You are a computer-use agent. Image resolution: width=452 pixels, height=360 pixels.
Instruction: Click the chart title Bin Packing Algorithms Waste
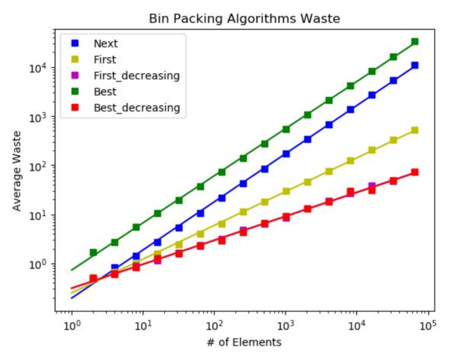click(x=244, y=19)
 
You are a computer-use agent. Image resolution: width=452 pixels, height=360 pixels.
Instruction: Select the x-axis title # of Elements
click(x=244, y=342)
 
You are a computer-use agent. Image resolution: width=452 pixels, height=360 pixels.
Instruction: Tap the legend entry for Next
click(x=105, y=44)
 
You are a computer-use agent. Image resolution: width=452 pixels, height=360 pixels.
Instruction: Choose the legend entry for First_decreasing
click(x=136, y=76)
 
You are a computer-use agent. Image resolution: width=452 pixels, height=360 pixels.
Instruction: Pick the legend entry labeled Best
click(x=105, y=92)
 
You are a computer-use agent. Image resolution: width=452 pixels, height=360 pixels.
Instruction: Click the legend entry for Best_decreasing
click(x=136, y=108)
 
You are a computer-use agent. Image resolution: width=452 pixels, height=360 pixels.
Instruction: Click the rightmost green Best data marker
click(x=415, y=42)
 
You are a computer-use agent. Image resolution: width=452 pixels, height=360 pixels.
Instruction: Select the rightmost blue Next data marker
click(x=415, y=65)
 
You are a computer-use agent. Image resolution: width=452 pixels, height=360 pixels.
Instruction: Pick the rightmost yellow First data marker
click(x=415, y=130)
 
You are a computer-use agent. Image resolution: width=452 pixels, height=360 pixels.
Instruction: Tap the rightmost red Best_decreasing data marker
click(x=415, y=172)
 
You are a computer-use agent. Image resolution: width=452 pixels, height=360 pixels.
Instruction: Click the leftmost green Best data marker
click(x=93, y=252)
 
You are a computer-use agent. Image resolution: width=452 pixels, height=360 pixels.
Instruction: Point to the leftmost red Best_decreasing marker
click(x=93, y=278)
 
